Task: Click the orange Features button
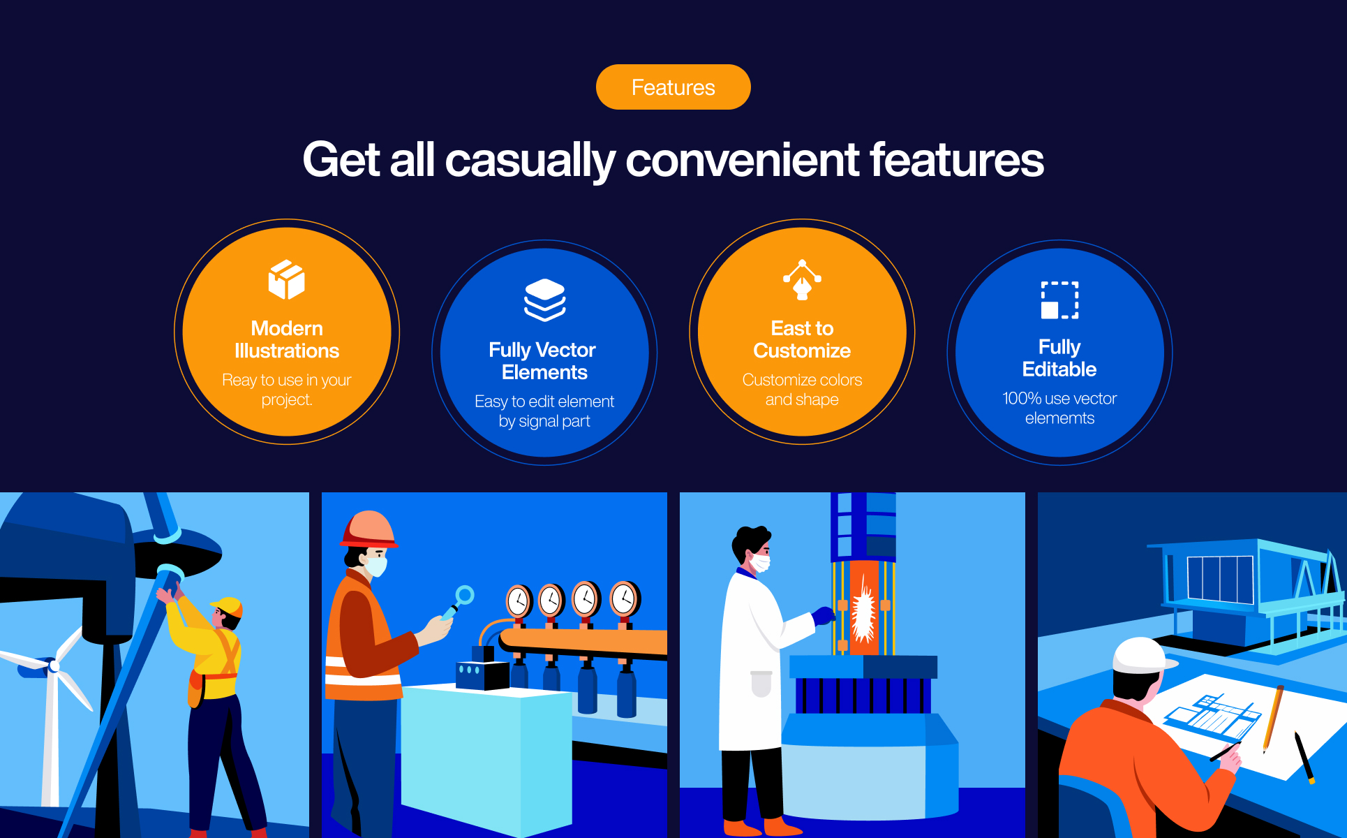pyautogui.click(x=673, y=87)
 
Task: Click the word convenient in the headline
pyautogui.click(x=742, y=160)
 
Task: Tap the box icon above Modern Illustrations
pyautogui.click(x=287, y=279)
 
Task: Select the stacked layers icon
pyautogui.click(x=544, y=300)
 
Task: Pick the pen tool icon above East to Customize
pyautogui.click(x=802, y=279)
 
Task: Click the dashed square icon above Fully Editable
pyautogui.click(x=1059, y=300)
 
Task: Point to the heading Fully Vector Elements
pyautogui.click(x=543, y=361)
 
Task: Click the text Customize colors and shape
pyautogui.click(x=802, y=390)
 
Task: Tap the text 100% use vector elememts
pyautogui.click(x=1059, y=409)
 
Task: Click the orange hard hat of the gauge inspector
pyautogui.click(x=369, y=529)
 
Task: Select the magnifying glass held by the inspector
pyautogui.click(x=457, y=602)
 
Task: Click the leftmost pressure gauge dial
pyautogui.click(x=518, y=601)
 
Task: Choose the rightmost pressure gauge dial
pyautogui.click(x=625, y=598)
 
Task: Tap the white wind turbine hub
pyautogui.click(x=54, y=666)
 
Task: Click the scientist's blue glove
pyautogui.click(x=824, y=615)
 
